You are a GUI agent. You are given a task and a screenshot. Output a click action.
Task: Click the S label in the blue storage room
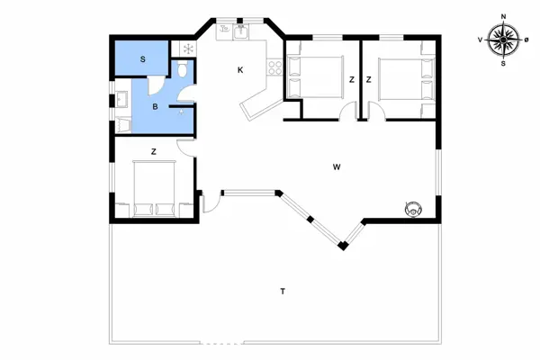click(x=142, y=59)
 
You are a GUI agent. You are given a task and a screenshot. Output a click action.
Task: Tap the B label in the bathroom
click(x=155, y=107)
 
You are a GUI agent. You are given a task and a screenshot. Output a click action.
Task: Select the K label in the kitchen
click(x=240, y=70)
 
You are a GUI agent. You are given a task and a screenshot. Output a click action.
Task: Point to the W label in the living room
click(x=336, y=167)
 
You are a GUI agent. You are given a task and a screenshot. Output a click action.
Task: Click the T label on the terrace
click(x=283, y=291)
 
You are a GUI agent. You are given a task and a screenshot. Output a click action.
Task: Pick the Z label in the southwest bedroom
click(x=155, y=152)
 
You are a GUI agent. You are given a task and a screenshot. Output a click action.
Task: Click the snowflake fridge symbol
click(x=188, y=49)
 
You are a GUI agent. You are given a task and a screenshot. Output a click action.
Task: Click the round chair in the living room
click(x=413, y=209)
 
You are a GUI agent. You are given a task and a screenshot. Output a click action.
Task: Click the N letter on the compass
click(x=503, y=15)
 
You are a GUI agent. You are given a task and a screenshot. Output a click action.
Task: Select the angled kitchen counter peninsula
click(x=256, y=102)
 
